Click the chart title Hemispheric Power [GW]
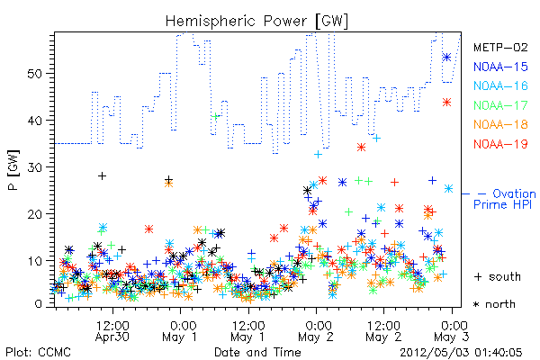click(256, 21)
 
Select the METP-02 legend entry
click(500, 47)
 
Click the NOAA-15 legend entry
click(500, 67)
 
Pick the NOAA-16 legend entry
click(500, 85)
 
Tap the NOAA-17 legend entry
click(500, 105)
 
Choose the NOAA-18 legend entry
click(500, 124)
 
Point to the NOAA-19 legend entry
click(500, 144)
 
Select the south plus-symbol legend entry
click(498, 276)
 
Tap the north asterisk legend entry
click(494, 304)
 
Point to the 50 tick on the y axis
click(35, 74)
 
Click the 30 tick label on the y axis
click(35, 167)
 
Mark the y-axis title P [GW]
click(13, 170)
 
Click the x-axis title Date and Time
click(257, 352)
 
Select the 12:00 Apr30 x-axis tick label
click(112, 331)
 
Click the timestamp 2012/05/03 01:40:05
click(461, 353)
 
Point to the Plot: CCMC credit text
click(38, 353)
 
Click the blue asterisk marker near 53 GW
click(446, 58)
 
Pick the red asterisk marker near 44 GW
click(446, 102)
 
